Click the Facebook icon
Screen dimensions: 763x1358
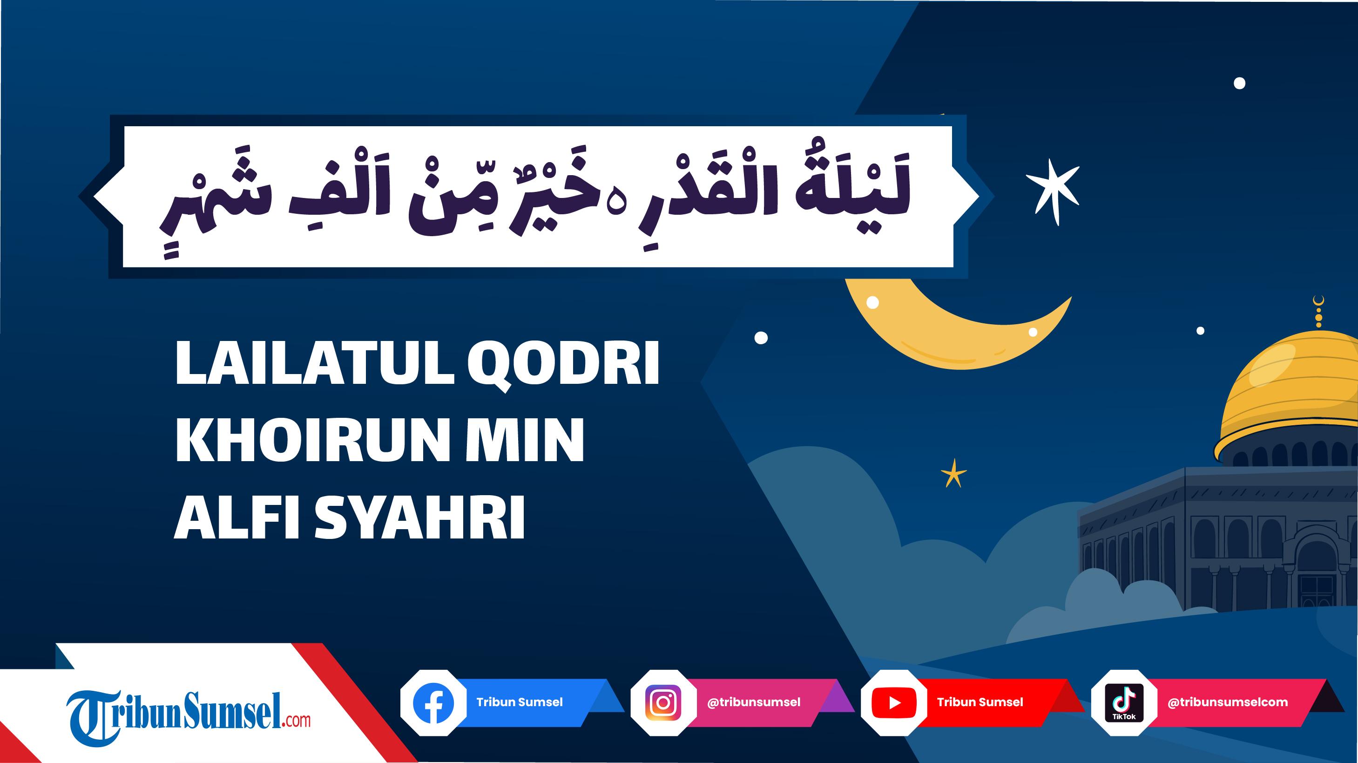(433, 702)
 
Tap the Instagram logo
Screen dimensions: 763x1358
(663, 702)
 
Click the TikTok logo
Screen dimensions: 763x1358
(1124, 702)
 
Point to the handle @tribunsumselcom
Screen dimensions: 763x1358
(1227, 702)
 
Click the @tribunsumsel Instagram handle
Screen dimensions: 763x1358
(754, 702)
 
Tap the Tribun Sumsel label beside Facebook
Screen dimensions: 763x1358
(519, 702)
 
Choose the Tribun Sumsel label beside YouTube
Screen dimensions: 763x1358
(980, 702)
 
